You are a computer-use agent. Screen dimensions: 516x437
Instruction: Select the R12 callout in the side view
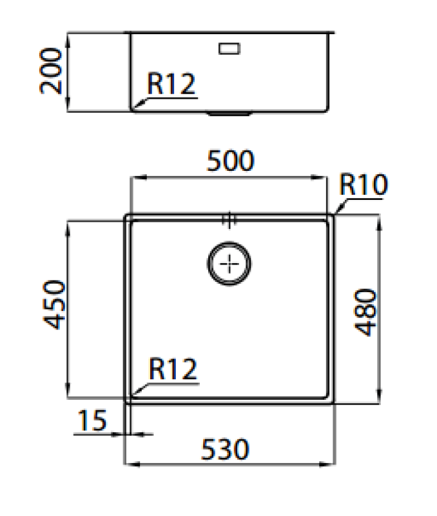tap(170, 84)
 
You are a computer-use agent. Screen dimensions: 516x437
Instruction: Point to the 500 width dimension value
tap(230, 161)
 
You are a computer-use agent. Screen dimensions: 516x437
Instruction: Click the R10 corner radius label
tap(363, 186)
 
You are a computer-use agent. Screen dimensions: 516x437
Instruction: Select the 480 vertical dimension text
tap(365, 312)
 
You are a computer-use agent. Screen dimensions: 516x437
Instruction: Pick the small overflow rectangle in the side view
tap(229, 48)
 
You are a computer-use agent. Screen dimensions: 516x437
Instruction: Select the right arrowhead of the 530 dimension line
tap(332, 463)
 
